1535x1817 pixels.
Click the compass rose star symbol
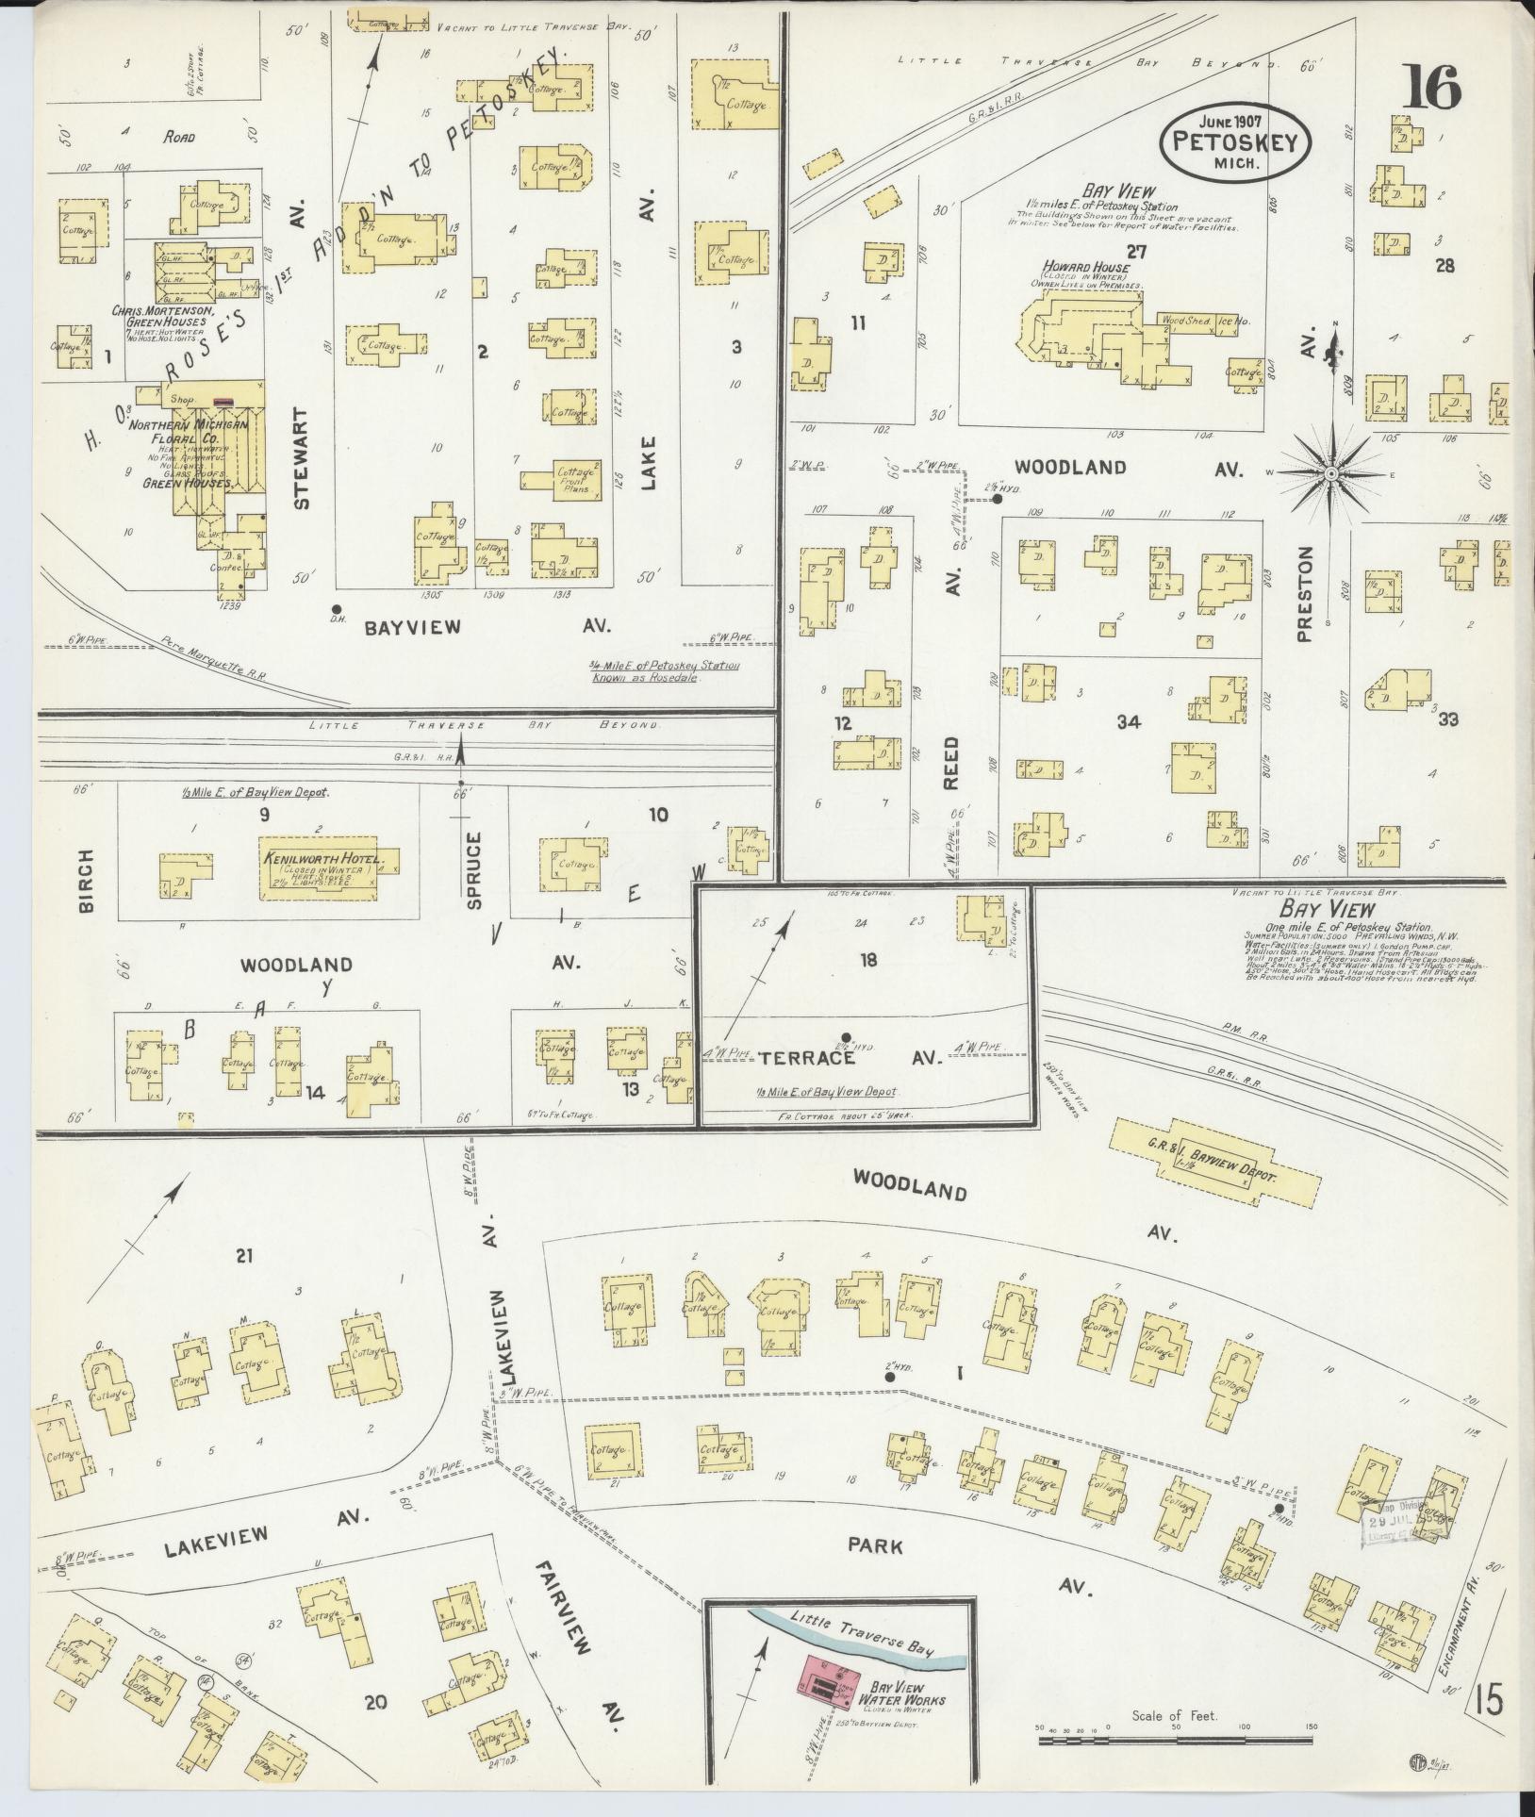tap(1330, 473)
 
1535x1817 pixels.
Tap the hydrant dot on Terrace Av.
tap(847, 1037)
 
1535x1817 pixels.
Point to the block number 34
tap(1129, 722)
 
